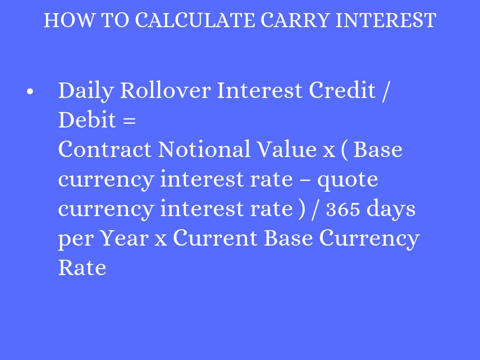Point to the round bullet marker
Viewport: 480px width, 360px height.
pyautogui.click(x=30, y=92)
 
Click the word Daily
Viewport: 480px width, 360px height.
pyautogui.click(x=85, y=91)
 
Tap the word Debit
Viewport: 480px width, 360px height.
pyautogui.click(x=87, y=120)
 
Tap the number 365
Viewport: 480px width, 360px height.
pyautogui.click(x=343, y=210)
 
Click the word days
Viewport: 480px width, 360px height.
pyautogui.click(x=391, y=210)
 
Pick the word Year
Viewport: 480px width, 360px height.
pyautogui.click(x=124, y=239)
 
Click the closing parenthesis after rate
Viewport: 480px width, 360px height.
pyautogui.click(x=301, y=210)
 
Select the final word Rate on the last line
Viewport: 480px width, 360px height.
pyautogui.click(x=82, y=268)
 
